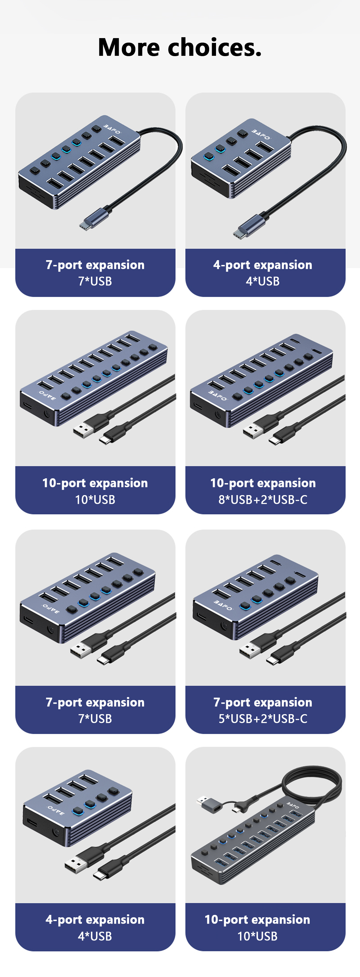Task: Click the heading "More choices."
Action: tap(180, 47)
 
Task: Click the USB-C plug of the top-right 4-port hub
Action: tap(248, 227)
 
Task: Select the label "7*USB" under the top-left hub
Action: tap(95, 281)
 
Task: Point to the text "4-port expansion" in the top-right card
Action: tap(262, 265)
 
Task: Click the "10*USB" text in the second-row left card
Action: tap(95, 500)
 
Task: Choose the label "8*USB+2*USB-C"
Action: tap(263, 500)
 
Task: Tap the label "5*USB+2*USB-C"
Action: tap(263, 718)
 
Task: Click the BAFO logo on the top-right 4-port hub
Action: tap(261, 134)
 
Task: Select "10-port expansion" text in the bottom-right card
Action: tap(257, 919)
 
